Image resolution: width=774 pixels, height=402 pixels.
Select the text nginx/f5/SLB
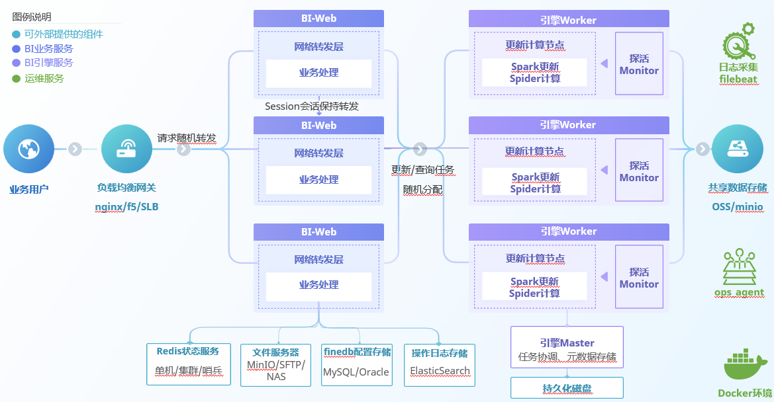126,207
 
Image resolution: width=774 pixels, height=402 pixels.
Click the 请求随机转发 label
186,138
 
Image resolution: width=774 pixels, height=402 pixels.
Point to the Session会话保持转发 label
312,106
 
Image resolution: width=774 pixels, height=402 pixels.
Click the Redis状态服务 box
188,363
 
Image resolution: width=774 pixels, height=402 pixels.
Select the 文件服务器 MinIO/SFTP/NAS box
276,364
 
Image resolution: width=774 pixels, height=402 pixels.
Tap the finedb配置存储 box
357,364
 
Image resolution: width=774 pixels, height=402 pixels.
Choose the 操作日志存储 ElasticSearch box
440,364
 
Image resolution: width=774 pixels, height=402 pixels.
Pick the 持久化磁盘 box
567,388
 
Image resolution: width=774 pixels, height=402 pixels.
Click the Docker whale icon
744,363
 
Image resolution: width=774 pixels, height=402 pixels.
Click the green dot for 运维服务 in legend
17,79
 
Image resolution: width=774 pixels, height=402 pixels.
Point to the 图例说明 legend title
32,17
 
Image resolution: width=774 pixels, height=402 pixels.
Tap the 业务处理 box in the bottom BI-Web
318,285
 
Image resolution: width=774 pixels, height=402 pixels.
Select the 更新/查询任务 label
422,169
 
